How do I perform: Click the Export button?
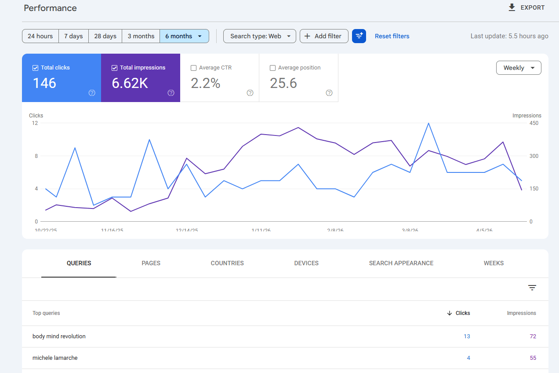pyautogui.click(x=526, y=7)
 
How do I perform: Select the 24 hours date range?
pyautogui.click(x=40, y=36)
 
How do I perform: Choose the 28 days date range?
pyautogui.click(x=105, y=36)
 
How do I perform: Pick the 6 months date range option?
pyautogui.click(x=184, y=36)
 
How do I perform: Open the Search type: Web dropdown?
pyautogui.click(x=260, y=36)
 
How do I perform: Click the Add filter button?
pyautogui.click(x=324, y=36)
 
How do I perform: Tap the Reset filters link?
pyautogui.click(x=392, y=36)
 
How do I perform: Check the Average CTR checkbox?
pyautogui.click(x=194, y=68)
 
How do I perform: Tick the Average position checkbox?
pyautogui.click(x=273, y=68)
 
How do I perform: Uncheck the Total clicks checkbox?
pyautogui.click(x=36, y=68)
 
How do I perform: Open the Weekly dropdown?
pyautogui.click(x=519, y=68)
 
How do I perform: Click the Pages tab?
pyautogui.click(x=151, y=263)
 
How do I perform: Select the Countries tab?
pyautogui.click(x=227, y=263)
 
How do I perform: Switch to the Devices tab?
pyautogui.click(x=306, y=263)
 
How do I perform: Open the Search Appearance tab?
pyautogui.click(x=401, y=263)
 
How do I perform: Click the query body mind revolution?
pyautogui.click(x=59, y=336)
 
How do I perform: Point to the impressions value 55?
pyautogui.click(x=533, y=358)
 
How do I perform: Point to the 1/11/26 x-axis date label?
pyautogui.click(x=261, y=230)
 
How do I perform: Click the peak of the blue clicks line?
pyautogui.click(x=428, y=123)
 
